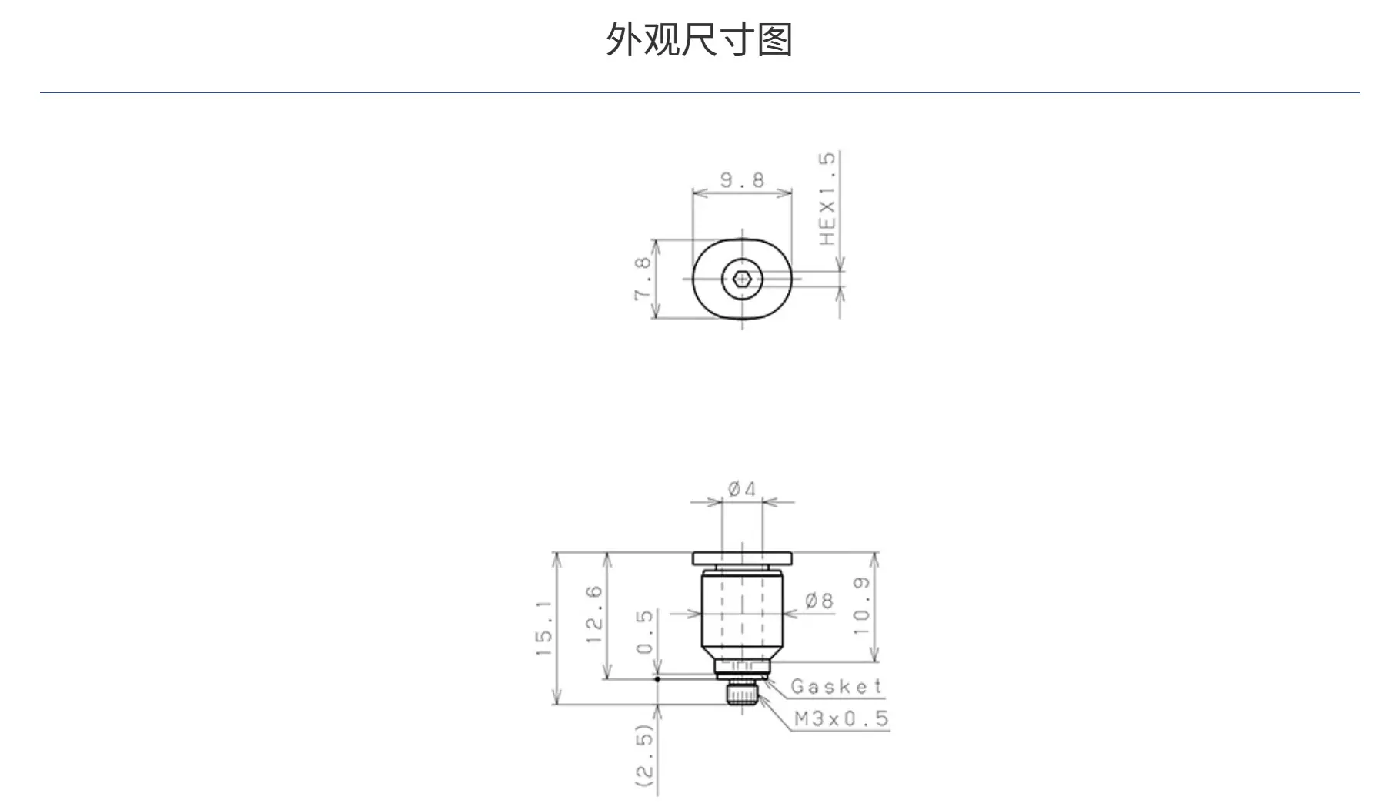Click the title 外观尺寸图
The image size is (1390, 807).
click(x=699, y=39)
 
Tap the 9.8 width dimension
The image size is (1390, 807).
click(x=743, y=180)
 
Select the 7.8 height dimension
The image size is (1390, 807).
click(x=643, y=278)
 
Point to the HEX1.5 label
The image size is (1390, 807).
click(x=827, y=199)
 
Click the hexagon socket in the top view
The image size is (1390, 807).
click(x=742, y=279)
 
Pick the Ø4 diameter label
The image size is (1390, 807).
click(x=742, y=488)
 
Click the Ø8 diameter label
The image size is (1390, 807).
click(x=820, y=600)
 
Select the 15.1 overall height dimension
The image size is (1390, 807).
click(x=544, y=628)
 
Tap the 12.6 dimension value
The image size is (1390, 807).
click(x=594, y=615)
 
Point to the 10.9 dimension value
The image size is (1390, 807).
click(x=861, y=606)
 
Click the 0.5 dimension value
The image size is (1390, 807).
click(x=645, y=631)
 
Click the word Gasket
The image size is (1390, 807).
click(x=837, y=686)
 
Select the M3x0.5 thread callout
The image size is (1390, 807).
click(x=841, y=718)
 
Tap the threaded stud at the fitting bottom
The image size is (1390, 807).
click(x=743, y=694)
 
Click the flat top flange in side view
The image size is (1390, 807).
click(x=742, y=558)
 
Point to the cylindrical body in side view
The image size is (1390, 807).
click(x=742, y=612)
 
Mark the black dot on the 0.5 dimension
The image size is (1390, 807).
click(x=657, y=679)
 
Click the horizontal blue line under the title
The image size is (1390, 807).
click(x=700, y=93)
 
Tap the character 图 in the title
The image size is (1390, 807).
click(x=775, y=39)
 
